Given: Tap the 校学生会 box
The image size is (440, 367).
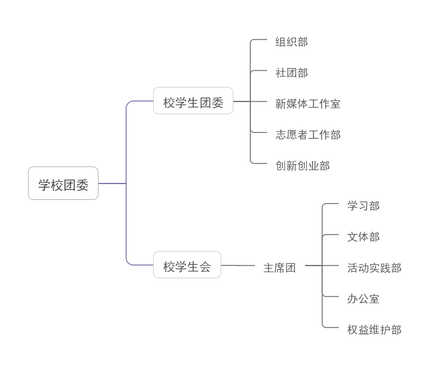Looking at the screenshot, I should click(x=187, y=265).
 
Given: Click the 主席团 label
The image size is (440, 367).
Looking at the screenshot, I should click(x=280, y=267).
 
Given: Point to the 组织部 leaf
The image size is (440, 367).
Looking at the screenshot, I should click(x=292, y=42).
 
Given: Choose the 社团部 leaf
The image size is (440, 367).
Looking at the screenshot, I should click(x=292, y=73).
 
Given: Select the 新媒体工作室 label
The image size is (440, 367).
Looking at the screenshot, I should click(x=308, y=104).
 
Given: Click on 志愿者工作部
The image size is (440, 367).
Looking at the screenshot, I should click(x=308, y=135).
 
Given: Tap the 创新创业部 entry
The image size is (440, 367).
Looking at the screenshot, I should click(x=303, y=166).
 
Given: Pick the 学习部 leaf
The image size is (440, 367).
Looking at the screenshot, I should click(x=363, y=206).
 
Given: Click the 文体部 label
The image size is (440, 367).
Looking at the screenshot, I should click(x=363, y=237).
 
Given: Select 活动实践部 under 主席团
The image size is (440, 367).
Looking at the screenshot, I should click(x=374, y=268).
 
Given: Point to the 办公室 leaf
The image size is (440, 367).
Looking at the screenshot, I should click(x=363, y=299).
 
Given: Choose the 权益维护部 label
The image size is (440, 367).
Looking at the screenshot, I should click(x=374, y=330).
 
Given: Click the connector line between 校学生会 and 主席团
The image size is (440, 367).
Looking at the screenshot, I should click(x=237, y=266).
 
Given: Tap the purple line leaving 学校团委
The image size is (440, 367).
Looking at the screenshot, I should click(x=112, y=183).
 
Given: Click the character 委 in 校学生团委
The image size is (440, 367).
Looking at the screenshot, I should click(x=218, y=103).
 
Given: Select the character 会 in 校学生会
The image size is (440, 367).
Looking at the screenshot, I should click(x=205, y=267).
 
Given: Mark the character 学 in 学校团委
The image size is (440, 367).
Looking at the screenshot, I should click(x=44, y=185).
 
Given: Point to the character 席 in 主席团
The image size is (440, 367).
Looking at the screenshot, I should click(x=280, y=268).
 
